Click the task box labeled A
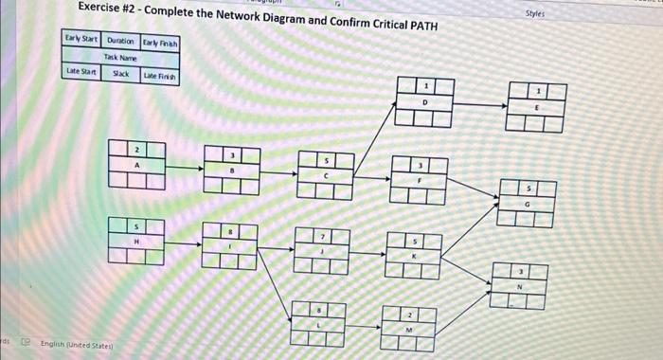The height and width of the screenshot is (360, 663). (x=136, y=164)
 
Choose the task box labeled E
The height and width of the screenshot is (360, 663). (x=537, y=107)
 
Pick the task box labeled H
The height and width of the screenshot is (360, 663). (x=135, y=241)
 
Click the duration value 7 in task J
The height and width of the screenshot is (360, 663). (x=322, y=235)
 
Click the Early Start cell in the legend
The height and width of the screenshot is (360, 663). (x=81, y=40)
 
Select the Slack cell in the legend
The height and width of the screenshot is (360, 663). (x=121, y=73)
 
